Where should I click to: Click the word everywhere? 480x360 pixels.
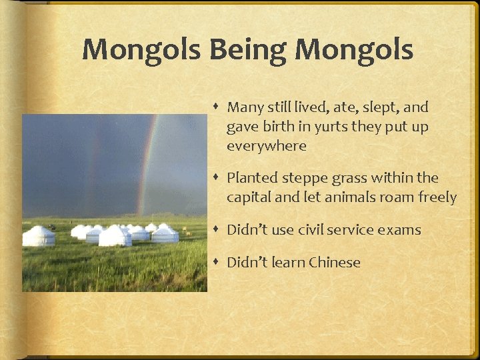(267, 146)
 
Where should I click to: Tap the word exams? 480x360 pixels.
(400, 230)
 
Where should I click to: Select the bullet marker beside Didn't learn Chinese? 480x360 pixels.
(219, 263)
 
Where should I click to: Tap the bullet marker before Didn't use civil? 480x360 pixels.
(219, 230)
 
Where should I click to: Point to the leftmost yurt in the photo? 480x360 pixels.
(39, 235)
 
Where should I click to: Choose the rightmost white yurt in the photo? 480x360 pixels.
(165, 233)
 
